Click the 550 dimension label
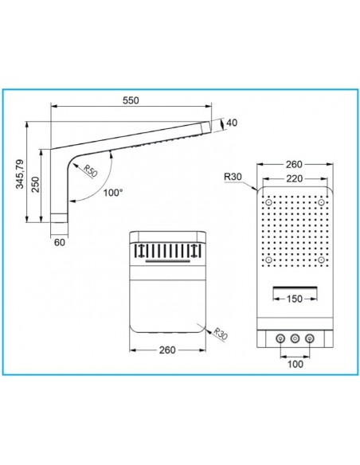(x=131, y=100)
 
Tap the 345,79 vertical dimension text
(x=20, y=174)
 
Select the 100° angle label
(x=113, y=193)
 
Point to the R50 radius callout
(x=90, y=171)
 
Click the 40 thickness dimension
(x=232, y=123)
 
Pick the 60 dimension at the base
(x=59, y=242)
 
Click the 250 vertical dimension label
(x=36, y=185)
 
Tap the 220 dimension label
(x=294, y=179)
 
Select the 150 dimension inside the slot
(x=295, y=299)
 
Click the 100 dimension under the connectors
(x=295, y=364)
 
